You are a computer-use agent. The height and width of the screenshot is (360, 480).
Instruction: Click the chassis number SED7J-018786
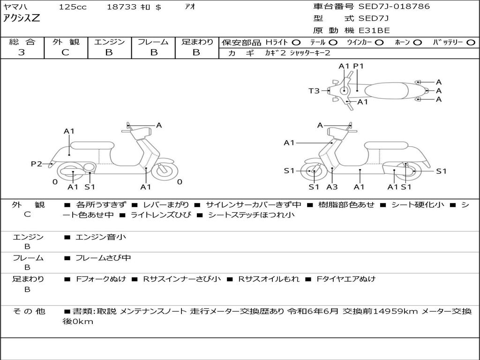[x=394, y=7]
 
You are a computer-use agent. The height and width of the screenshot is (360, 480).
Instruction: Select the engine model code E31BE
[x=374, y=30]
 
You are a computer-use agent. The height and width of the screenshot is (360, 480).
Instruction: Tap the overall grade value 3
[x=22, y=52]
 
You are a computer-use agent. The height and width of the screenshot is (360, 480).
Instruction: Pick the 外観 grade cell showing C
[x=65, y=52]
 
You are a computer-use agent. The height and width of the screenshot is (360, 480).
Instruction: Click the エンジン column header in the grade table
[x=109, y=42]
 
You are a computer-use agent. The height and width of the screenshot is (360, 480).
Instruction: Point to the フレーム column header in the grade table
[x=153, y=42]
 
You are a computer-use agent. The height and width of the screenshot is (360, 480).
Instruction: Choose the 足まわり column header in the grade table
[x=197, y=42]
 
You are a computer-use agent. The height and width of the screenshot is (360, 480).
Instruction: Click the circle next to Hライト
[x=296, y=42]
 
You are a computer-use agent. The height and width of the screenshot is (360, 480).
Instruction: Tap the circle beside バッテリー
[x=471, y=42]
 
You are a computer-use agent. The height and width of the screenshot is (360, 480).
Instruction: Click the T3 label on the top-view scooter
[x=314, y=91]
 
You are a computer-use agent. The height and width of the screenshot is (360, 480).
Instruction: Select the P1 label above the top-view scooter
[x=358, y=66]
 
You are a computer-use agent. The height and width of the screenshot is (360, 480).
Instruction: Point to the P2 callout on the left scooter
[x=36, y=164]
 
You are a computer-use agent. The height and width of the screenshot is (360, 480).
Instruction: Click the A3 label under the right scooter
[x=332, y=187]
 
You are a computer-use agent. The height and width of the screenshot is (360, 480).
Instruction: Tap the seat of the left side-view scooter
[x=92, y=145]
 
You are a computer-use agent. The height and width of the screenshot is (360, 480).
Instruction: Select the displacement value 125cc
[x=72, y=7]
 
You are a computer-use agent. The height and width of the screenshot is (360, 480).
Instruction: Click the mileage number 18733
[x=121, y=7]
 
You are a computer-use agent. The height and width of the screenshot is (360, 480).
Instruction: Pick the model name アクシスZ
[x=22, y=19]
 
